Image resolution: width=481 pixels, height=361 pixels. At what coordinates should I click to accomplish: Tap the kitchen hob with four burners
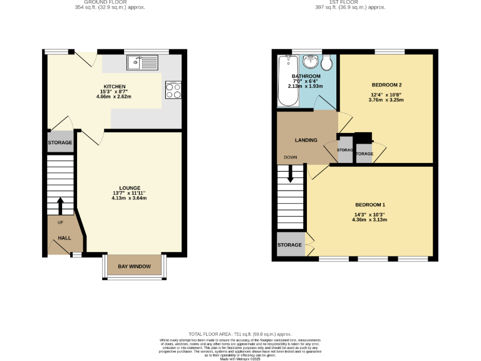pos(173,90)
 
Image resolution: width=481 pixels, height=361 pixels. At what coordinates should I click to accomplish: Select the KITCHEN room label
pos(115,86)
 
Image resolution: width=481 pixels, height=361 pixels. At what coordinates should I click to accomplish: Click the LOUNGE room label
pos(130,188)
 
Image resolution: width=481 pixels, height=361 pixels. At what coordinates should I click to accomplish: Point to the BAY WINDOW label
pos(134,266)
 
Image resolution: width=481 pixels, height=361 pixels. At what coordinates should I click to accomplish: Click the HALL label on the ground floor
pos(65,238)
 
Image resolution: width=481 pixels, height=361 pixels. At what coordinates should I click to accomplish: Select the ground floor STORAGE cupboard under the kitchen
pos(60,142)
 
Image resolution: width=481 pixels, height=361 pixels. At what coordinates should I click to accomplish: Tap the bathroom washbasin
pos(311,62)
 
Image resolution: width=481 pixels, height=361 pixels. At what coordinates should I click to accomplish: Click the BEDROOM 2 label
pos(386,85)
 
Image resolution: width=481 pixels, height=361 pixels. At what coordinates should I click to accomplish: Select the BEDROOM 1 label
pos(370,205)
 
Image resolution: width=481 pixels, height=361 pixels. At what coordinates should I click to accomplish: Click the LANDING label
pos(306,140)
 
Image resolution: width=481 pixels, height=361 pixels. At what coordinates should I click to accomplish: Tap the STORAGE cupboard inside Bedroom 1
pos(290,245)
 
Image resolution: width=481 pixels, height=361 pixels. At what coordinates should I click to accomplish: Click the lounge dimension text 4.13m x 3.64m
pos(130,199)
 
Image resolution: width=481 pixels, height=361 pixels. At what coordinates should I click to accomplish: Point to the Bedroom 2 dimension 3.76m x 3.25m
pos(386,100)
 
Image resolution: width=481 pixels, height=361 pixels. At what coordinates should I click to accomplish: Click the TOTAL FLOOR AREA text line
pos(240,335)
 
